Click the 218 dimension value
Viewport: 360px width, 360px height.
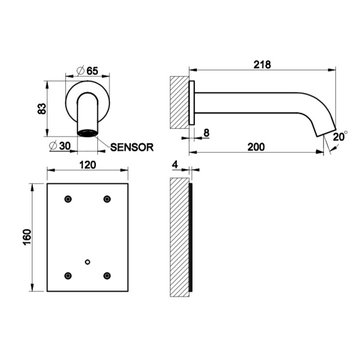261,64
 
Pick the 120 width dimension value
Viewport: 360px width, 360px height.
87,164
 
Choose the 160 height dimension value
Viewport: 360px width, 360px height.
26,237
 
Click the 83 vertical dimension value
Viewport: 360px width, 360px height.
42,108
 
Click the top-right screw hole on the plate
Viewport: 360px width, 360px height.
107,199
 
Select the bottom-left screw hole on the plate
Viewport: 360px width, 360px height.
68,275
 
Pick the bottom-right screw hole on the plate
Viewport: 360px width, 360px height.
107,275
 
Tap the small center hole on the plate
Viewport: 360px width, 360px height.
87,261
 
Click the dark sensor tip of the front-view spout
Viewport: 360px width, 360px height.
87,133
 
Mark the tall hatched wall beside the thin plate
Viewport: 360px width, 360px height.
179,237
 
